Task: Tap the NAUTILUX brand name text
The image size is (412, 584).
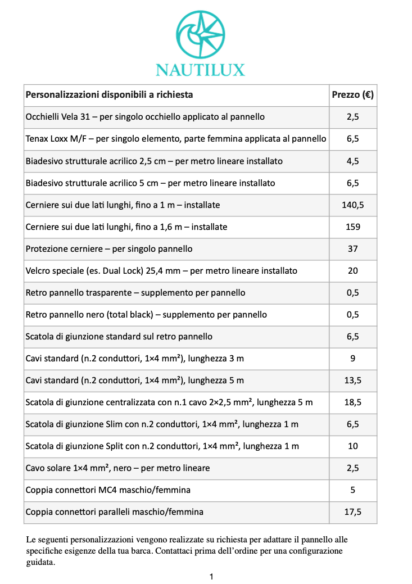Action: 200,70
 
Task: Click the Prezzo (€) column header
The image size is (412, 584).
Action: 352,94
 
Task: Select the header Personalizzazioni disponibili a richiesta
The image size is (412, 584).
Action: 110,94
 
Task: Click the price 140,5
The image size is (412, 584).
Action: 352,205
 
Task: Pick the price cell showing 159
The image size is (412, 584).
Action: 352,227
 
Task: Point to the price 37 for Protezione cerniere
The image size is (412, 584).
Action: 352,249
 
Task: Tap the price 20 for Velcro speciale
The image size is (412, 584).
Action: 352,271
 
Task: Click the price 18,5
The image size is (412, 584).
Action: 352,402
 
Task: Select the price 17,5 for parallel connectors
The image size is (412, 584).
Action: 352,512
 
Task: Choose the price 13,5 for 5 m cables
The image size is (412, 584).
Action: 352,381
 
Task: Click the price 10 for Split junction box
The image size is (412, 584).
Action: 352,446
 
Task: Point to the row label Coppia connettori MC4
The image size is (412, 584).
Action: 73,490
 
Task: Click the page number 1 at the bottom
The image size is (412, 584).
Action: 211,576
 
